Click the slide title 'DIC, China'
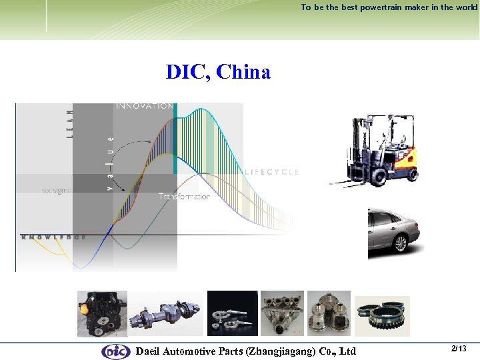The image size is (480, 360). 218,72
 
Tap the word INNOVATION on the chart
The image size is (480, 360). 145,106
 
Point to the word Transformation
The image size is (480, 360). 184,197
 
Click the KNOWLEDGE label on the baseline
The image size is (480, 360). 53,237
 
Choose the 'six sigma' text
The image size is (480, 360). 56,190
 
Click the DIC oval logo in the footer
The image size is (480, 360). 116,351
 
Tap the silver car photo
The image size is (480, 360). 393,232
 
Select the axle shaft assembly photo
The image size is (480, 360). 165,313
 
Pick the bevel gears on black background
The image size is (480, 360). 232,313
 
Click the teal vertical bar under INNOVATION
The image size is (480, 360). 175,140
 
